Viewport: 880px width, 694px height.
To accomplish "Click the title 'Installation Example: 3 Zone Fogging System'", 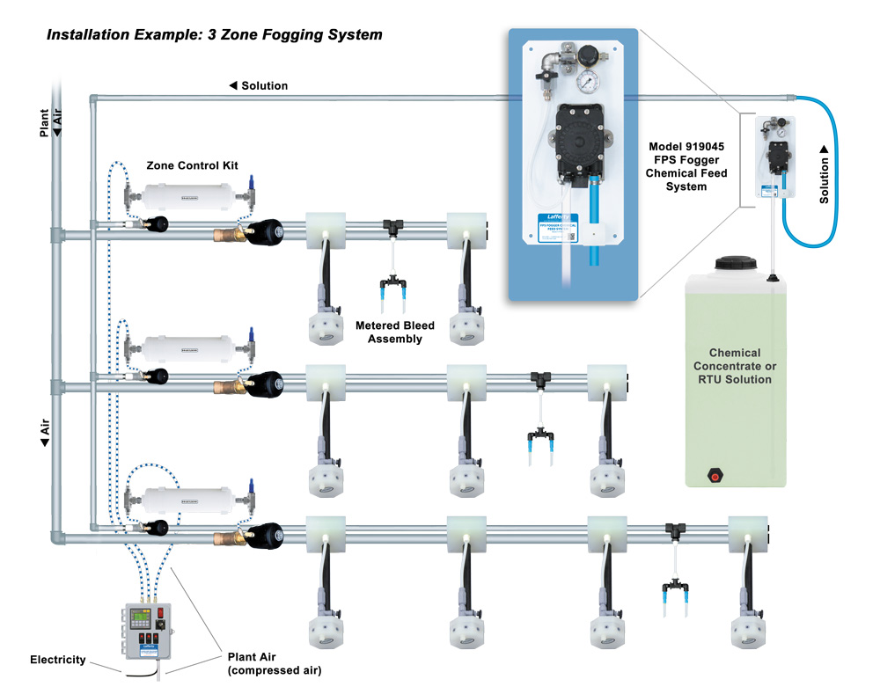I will (x=214, y=35).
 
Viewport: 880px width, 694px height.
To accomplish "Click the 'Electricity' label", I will (x=58, y=659).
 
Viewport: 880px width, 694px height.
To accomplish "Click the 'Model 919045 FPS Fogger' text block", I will (x=690, y=166).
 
